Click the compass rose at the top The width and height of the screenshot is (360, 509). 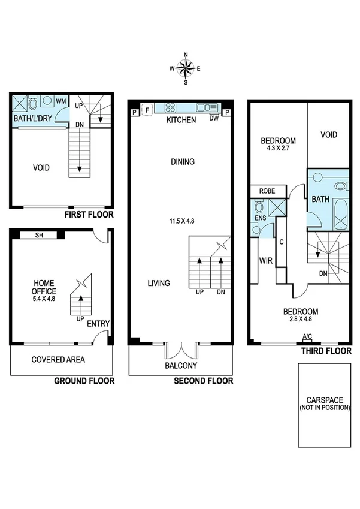(x=186, y=68)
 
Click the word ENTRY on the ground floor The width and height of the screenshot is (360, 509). (x=98, y=324)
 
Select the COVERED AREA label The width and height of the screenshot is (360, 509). (x=58, y=360)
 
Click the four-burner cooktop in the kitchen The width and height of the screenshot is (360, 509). (x=170, y=108)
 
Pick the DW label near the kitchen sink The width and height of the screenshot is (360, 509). (x=214, y=118)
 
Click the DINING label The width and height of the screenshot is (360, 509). (x=183, y=161)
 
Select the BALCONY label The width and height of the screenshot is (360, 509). (x=181, y=366)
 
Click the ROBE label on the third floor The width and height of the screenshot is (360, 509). (x=267, y=191)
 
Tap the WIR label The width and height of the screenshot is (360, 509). (x=265, y=261)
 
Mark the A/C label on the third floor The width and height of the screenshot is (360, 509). (x=307, y=336)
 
